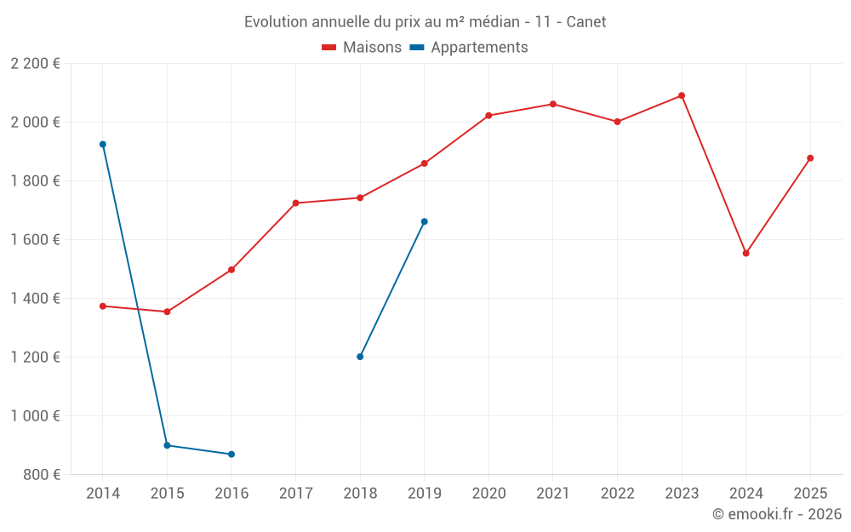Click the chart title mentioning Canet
[x=425, y=22]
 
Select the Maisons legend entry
[x=362, y=48]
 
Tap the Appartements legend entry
[x=469, y=48]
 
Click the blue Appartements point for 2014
[x=103, y=145]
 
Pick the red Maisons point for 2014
[x=103, y=306]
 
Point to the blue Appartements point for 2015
[x=167, y=445]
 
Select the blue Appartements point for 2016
[x=231, y=455]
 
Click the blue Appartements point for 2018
[x=360, y=357]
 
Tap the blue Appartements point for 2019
[x=425, y=221]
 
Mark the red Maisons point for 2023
[x=682, y=95]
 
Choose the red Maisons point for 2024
[x=746, y=253]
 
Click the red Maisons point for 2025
[x=810, y=158]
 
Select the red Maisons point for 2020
[x=488, y=116]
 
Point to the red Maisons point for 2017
[x=296, y=203]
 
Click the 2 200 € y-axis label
[x=35, y=64]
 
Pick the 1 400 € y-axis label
[x=35, y=299]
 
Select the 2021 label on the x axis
[x=553, y=494]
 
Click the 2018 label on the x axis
[x=360, y=494]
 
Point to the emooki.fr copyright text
[x=776, y=514]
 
